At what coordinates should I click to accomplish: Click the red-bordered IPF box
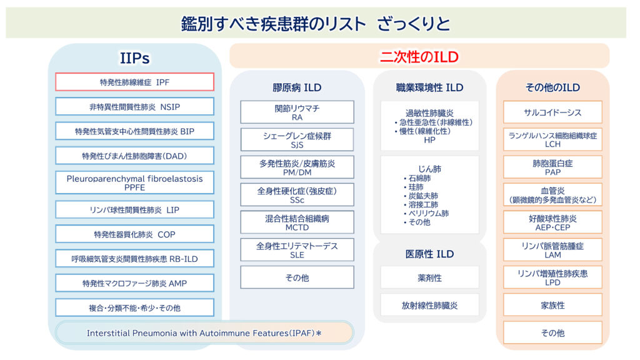tap(134, 82)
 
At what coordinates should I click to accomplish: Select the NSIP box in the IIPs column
tap(134, 106)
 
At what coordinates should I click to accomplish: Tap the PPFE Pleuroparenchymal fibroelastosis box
tap(134, 182)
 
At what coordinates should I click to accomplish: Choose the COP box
tap(134, 234)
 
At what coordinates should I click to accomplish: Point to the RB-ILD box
tap(134, 258)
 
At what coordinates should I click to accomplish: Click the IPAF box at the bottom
tap(204, 332)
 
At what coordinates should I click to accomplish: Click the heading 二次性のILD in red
tap(419, 57)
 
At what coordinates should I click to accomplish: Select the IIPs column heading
tap(134, 58)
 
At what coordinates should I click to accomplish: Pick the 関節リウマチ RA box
tap(297, 112)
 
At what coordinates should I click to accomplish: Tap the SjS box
tap(297, 139)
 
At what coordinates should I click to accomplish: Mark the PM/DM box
tap(297, 167)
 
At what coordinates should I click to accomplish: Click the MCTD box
tap(297, 222)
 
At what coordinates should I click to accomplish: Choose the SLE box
tap(297, 250)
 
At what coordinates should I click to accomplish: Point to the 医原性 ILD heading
tap(429, 254)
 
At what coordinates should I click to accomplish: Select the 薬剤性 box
tap(429, 277)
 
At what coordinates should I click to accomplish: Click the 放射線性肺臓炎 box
tap(429, 305)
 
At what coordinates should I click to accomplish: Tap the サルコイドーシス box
tap(552, 112)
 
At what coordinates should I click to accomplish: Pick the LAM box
tap(552, 250)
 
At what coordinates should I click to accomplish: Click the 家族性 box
tap(552, 305)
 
